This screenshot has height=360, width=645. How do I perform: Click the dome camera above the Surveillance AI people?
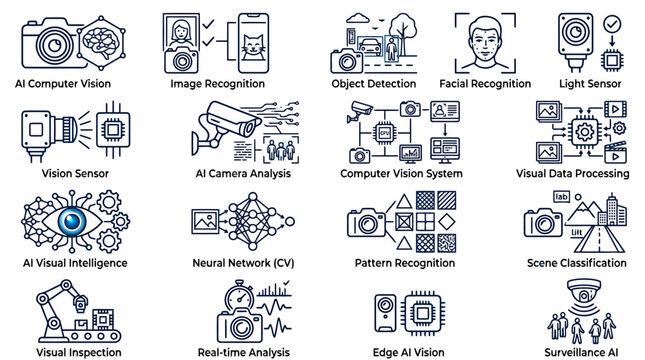[x=583, y=290]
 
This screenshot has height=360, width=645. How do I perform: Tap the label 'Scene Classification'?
[x=576, y=263]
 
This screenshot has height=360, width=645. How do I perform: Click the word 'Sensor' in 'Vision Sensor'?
[x=90, y=173]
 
